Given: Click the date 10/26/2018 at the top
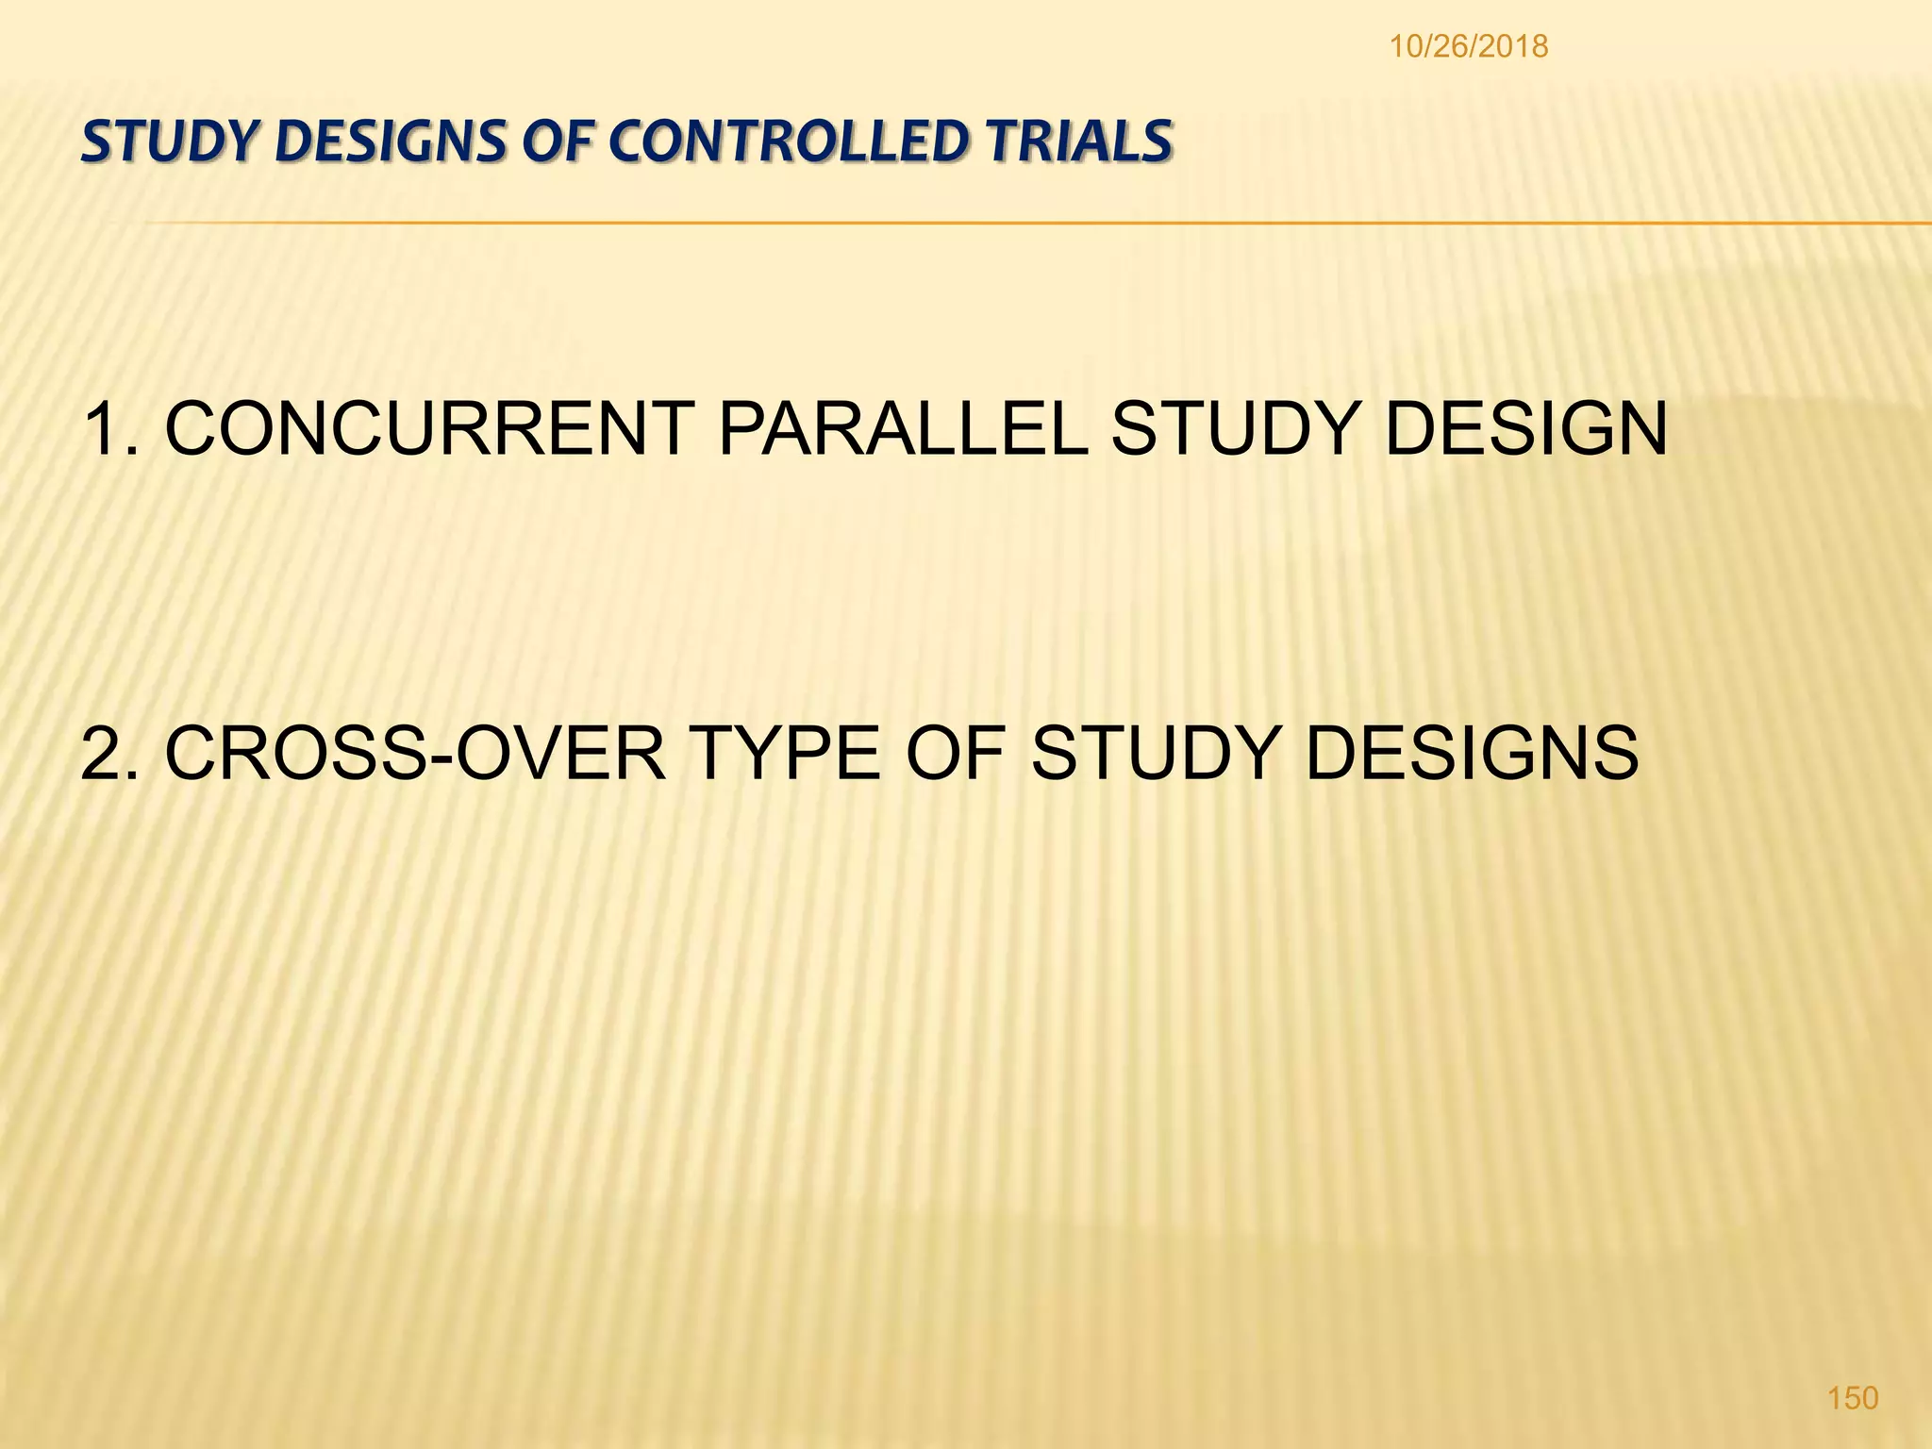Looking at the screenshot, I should tap(1468, 46).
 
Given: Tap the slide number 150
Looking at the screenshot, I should tap(1853, 1397).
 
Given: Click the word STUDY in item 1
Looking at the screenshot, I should tap(1237, 430).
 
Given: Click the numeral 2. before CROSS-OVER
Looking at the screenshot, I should tap(110, 754).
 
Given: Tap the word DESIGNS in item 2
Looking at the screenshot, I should tap(1472, 754).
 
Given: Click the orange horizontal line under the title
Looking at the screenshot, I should tap(1038, 224).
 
